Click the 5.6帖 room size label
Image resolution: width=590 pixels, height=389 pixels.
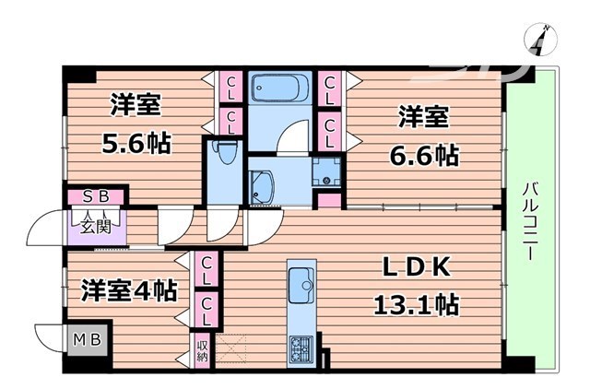(x=136, y=144)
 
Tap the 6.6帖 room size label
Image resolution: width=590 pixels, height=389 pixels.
(x=424, y=154)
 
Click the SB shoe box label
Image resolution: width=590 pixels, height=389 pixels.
(x=96, y=195)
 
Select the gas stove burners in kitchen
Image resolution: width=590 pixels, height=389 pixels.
(x=302, y=348)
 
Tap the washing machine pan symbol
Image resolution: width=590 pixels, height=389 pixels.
(x=324, y=172)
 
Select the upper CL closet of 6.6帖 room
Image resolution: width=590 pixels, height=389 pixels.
(x=329, y=88)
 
